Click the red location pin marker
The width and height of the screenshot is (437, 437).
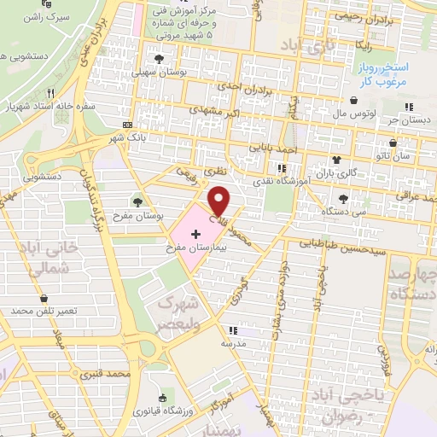(x=219, y=201)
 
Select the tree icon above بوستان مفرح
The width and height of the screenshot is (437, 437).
(x=137, y=202)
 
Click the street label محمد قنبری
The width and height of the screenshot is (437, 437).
(x=106, y=374)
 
